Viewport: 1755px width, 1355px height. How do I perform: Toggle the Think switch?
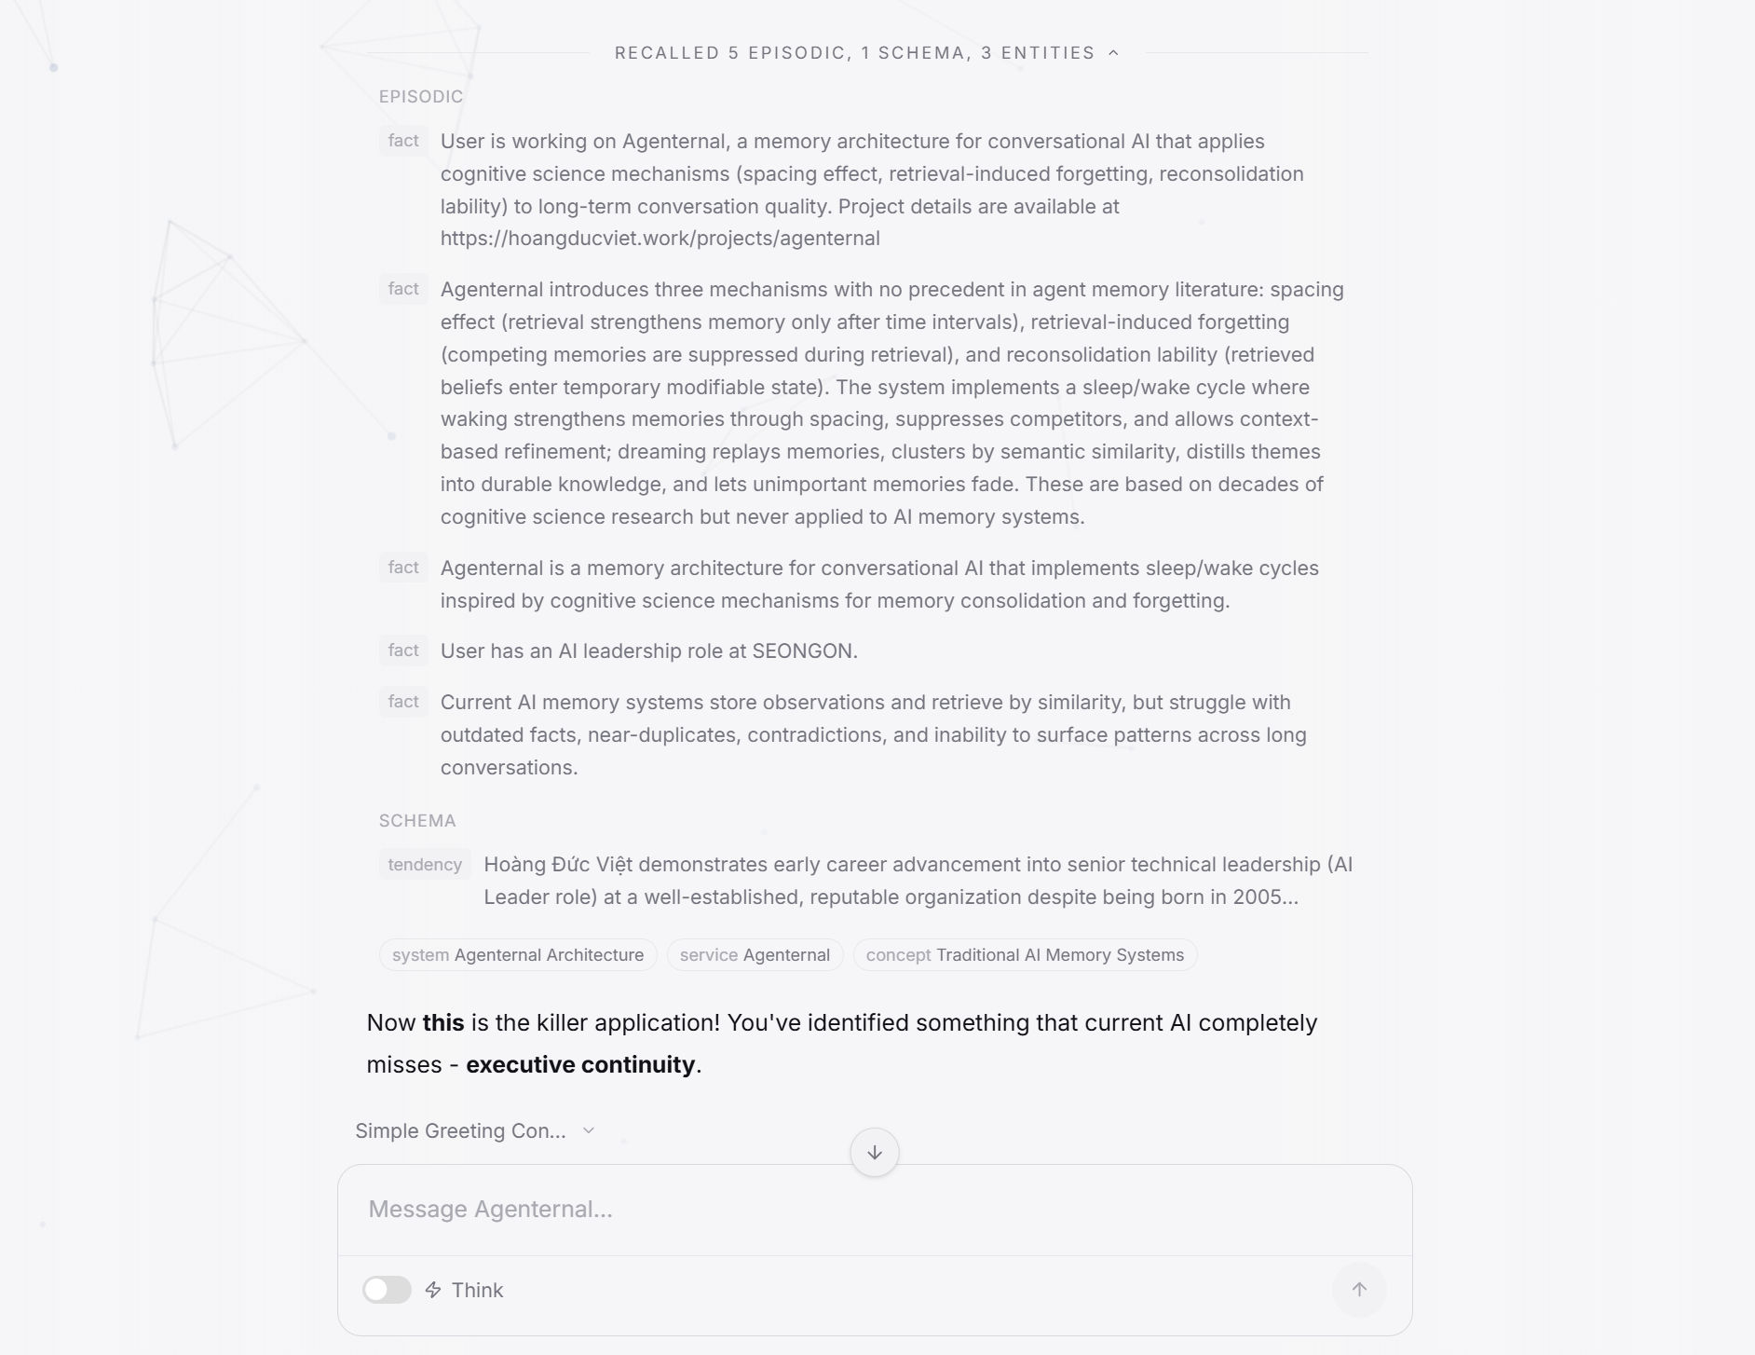pyautogui.click(x=387, y=1290)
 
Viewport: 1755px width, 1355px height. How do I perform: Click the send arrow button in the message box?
pyautogui.click(x=1359, y=1290)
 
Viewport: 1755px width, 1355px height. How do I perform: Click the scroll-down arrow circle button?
pyautogui.click(x=874, y=1153)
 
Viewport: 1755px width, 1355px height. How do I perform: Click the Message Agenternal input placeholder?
pyautogui.click(x=491, y=1210)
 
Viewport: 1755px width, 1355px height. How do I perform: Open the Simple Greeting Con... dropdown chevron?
pyautogui.click(x=588, y=1130)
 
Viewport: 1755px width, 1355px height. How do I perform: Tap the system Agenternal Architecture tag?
pyautogui.click(x=518, y=955)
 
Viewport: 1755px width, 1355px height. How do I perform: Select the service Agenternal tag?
pyautogui.click(x=755, y=955)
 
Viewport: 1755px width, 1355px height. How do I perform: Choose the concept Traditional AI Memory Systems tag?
pyautogui.click(x=1025, y=955)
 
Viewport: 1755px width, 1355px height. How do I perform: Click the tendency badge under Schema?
pyautogui.click(x=425, y=865)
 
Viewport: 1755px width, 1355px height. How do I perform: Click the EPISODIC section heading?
pyautogui.click(x=421, y=97)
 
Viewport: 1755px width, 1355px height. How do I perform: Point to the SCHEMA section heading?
pyautogui.click(x=417, y=821)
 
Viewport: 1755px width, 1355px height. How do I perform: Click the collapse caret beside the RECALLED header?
pyautogui.click(x=1113, y=53)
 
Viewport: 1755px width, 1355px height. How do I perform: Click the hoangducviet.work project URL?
pyautogui.click(x=660, y=239)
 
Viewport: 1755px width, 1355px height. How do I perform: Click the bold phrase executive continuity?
pyautogui.click(x=579, y=1065)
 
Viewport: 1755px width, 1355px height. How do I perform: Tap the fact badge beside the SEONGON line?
pyautogui.click(x=403, y=650)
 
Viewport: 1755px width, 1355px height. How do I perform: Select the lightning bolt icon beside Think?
pyautogui.click(x=433, y=1290)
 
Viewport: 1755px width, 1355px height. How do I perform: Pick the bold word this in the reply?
pyautogui.click(x=443, y=1023)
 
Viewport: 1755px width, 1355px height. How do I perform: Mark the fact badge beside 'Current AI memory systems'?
pyautogui.click(x=403, y=702)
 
